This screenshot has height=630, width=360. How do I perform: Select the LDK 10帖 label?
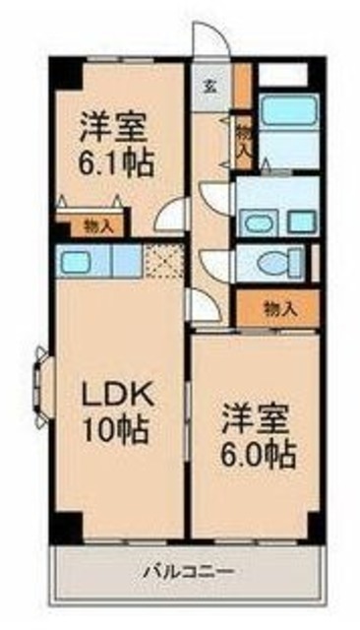coord(115,412)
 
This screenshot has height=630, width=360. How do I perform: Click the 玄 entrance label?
coord(210,84)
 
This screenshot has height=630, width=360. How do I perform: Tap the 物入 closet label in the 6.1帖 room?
coord(99,225)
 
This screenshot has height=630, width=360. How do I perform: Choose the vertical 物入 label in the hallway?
coord(243,137)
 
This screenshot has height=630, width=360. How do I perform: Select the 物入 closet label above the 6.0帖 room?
coord(280,308)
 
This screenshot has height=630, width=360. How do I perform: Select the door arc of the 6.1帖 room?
coord(172,213)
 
